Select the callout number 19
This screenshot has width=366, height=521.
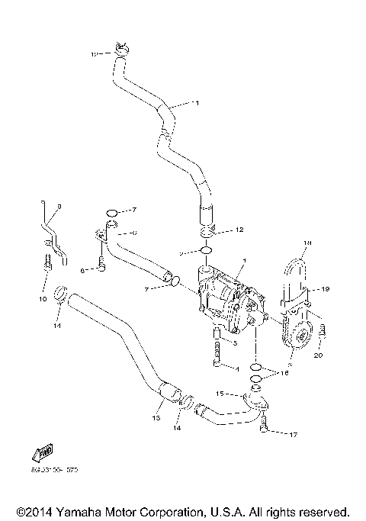click(x=325, y=289)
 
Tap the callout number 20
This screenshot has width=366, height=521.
click(x=318, y=355)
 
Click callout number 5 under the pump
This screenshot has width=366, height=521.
click(x=236, y=344)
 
